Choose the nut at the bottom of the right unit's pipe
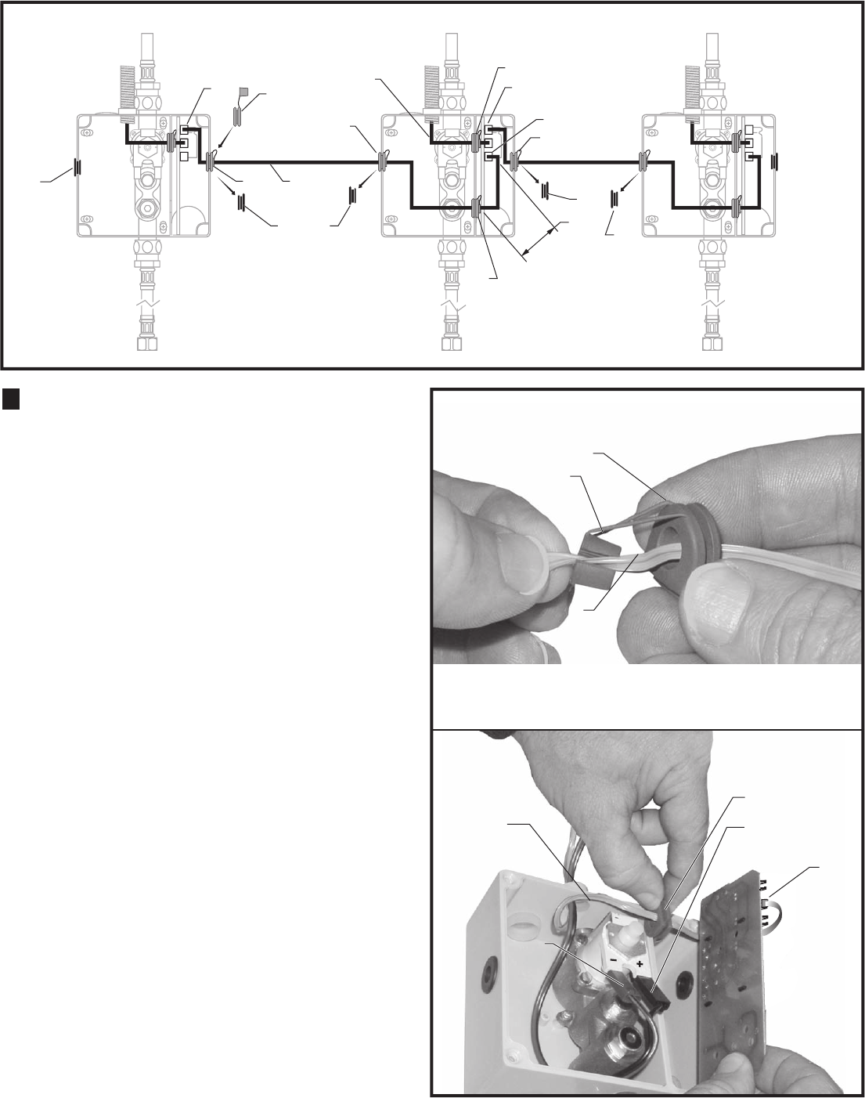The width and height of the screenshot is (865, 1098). (713, 344)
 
